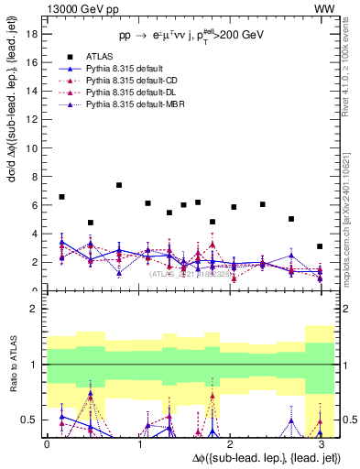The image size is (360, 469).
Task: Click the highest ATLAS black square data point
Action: click(x=120, y=185)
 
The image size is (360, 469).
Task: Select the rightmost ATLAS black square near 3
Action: click(x=319, y=246)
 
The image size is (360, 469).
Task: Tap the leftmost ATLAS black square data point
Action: click(x=61, y=197)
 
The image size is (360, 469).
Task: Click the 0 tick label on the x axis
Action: click(x=47, y=443)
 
